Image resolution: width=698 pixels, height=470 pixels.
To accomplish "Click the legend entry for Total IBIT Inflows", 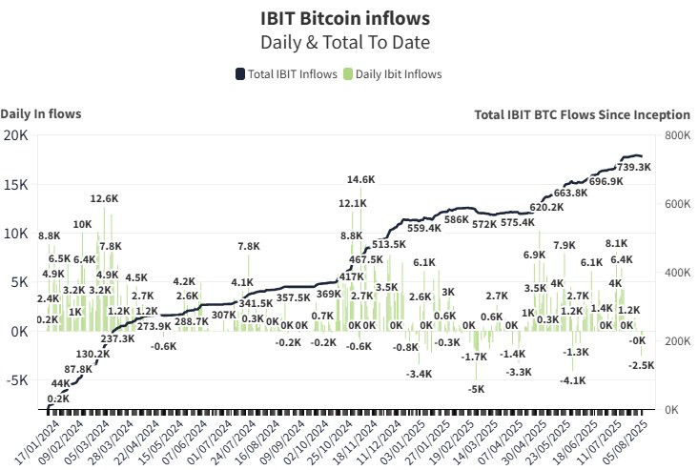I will click(286, 74).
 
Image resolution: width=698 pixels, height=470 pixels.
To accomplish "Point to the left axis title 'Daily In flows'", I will click(41, 113).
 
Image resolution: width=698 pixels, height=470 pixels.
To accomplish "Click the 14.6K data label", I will click(360, 179).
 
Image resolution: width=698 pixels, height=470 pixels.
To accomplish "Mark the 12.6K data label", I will click(104, 198).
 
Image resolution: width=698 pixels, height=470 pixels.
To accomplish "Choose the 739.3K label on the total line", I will click(634, 167).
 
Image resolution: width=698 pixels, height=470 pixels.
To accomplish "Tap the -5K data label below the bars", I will click(476, 389).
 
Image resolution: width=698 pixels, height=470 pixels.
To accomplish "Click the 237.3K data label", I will click(117, 338).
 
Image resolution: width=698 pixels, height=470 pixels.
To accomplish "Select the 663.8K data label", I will click(570, 193).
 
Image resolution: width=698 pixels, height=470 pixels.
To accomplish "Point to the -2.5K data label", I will click(642, 365).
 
